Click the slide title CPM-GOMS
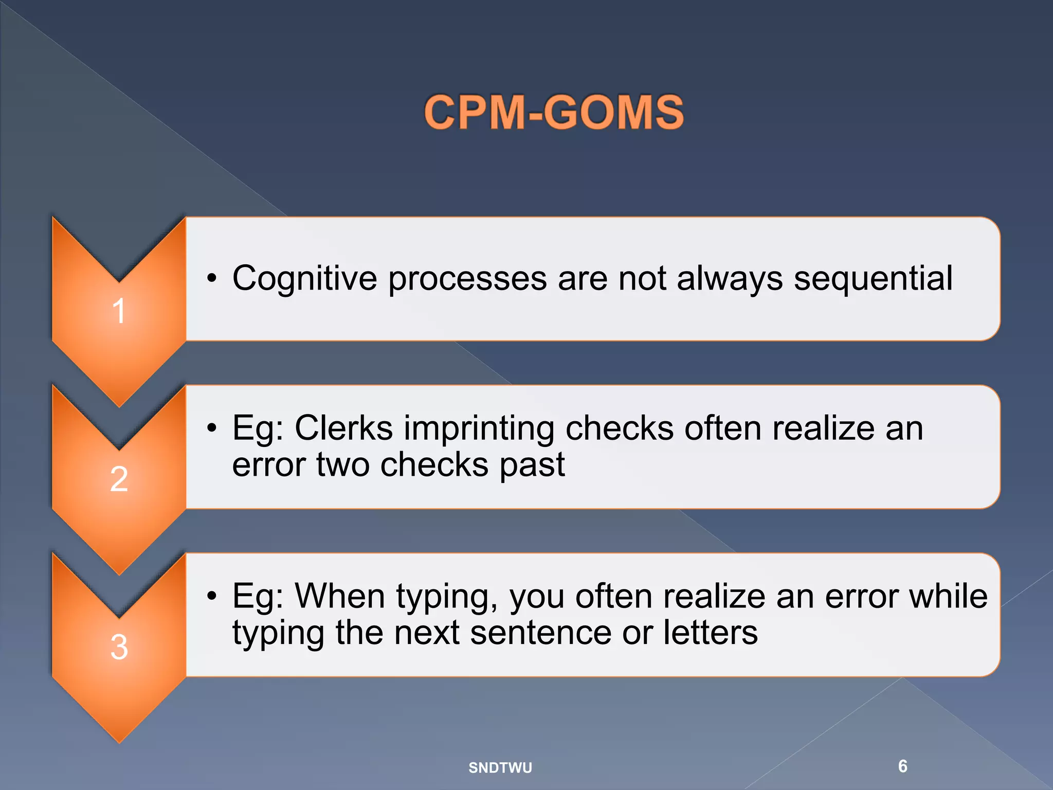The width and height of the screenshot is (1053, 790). point(554,112)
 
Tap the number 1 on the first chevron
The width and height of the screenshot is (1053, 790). point(119,311)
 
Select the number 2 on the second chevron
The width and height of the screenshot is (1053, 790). point(119,479)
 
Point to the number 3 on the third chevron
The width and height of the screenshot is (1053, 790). point(119,647)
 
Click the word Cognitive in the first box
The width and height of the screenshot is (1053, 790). point(304,279)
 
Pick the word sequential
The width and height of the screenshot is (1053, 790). point(873,279)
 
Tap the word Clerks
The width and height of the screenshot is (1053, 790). point(343,428)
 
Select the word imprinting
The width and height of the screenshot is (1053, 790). point(479,429)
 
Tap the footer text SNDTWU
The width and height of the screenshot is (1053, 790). point(500,767)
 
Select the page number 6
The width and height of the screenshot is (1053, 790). point(902,766)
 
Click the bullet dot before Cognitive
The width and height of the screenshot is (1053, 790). point(211,279)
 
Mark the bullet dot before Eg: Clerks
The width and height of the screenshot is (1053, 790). point(211,428)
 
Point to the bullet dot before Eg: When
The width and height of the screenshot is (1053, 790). point(211,597)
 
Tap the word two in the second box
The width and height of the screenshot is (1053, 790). point(343,465)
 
